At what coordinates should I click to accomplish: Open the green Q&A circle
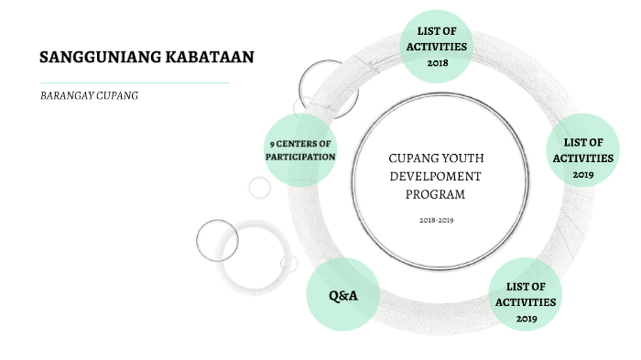[x=343, y=295]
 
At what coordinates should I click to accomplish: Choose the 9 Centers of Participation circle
[x=300, y=150]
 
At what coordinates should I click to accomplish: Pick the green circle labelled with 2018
[x=436, y=46]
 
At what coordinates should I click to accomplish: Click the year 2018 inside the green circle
[x=436, y=62]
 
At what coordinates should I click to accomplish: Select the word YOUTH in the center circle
[x=458, y=158]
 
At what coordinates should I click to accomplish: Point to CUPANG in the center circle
[x=413, y=158]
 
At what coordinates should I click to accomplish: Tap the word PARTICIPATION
[x=300, y=157]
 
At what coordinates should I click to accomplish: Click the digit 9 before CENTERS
[x=271, y=144]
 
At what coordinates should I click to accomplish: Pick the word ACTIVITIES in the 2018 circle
[x=436, y=46]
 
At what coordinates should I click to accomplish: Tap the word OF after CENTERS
[x=324, y=144]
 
